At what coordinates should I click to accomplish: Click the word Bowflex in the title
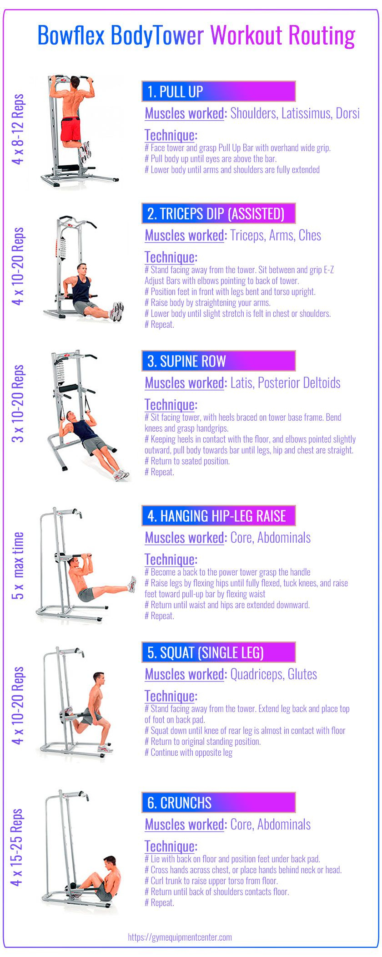71,36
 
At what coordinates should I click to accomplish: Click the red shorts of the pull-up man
70,129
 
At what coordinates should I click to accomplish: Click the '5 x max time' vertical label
18,565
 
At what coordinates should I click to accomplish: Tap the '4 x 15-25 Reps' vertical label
18,847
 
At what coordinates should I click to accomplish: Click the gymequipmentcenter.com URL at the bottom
180,937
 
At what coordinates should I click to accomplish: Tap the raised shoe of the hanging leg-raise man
132,584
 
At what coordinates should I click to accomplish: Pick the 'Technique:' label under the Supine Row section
171,405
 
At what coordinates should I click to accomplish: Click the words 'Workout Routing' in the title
282,36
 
